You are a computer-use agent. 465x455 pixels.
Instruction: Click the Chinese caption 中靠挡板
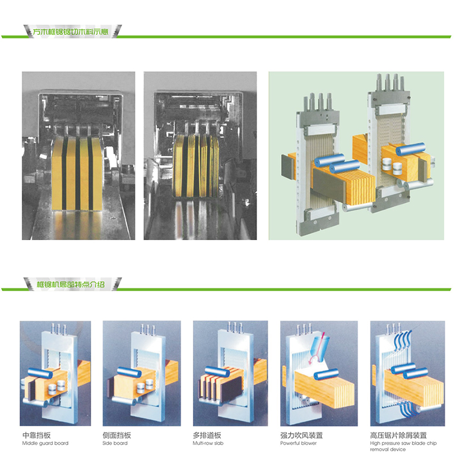36,435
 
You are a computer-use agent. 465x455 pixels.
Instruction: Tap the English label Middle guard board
45,443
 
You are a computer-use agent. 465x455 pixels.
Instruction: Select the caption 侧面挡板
117,435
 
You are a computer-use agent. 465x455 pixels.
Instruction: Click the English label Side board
115,443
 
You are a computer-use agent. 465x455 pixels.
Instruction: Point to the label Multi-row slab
208,443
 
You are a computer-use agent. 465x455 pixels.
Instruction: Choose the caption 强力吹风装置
302,435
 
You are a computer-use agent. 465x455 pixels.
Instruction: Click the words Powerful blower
299,443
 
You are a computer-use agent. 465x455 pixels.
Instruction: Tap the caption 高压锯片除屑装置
398,435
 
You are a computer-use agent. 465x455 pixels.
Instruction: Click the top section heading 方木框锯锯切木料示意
71,32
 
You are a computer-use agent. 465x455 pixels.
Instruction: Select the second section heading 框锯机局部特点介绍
71,285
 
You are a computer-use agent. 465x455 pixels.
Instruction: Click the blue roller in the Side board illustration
129,372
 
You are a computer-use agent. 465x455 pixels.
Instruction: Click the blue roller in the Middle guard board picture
40,373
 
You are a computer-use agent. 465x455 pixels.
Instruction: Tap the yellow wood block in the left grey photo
77,174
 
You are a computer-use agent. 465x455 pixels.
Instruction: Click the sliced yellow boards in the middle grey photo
196,165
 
